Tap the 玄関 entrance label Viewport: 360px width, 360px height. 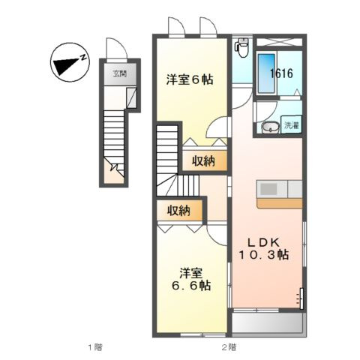click(x=119, y=73)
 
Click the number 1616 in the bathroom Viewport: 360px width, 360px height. click(x=282, y=73)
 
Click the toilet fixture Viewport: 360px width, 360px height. click(x=241, y=49)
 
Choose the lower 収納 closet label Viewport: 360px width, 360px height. click(x=178, y=211)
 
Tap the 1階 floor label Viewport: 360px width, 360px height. click(x=93, y=346)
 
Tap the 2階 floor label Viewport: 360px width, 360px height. click(x=228, y=346)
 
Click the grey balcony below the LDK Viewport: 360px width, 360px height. click(x=267, y=323)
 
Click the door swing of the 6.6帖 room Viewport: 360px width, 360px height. click(x=217, y=233)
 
